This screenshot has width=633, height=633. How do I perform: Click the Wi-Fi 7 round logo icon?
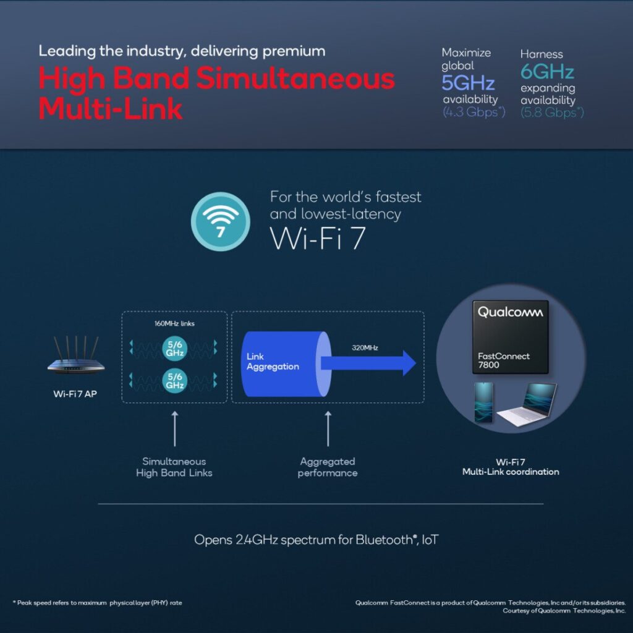(x=220, y=222)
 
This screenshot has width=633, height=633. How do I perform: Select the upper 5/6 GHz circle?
(x=174, y=348)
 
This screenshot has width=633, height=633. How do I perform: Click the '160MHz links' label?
(x=174, y=323)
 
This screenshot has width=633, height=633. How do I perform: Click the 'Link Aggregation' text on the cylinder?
(x=273, y=362)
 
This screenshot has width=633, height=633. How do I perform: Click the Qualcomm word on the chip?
(x=510, y=312)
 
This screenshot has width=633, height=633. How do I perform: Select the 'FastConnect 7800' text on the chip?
(x=504, y=360)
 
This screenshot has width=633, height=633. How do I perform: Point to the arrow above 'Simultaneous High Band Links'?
(x=175, y=430)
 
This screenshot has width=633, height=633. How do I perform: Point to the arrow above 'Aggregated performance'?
(x=328, y=430)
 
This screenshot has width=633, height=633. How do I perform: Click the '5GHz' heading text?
(x=468, y=83)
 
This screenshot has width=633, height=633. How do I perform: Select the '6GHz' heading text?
(x=547, y=72)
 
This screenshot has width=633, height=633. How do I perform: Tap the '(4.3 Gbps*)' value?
(x=474, y=112)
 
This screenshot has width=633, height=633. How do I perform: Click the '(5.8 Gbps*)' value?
(x=552, y=112)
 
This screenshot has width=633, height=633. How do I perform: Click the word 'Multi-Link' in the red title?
(x=111, y=109)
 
